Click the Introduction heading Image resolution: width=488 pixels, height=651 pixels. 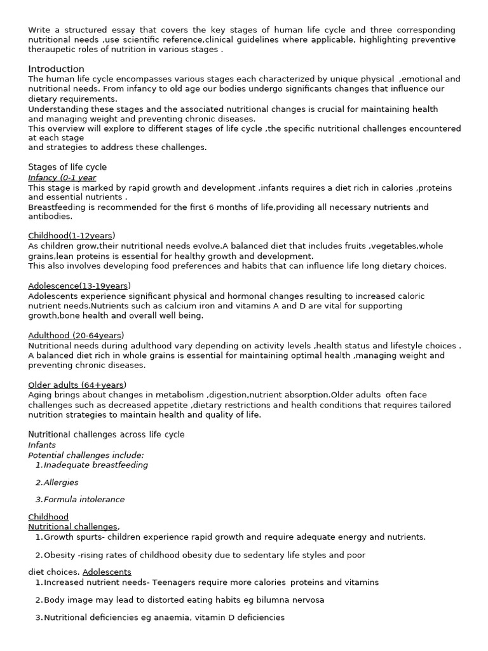[x=56, y=69]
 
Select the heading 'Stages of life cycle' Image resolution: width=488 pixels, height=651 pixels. [x=67, y=167]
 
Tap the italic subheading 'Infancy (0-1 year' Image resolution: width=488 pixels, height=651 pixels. [x=62, y=177]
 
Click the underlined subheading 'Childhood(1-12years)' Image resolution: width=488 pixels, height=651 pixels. [x=72, y=235]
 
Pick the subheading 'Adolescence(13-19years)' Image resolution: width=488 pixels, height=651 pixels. [x=79, y=285]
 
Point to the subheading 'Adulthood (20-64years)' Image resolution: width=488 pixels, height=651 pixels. [x=76, y=335]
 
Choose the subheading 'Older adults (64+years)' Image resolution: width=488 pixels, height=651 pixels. [x=78, y=385]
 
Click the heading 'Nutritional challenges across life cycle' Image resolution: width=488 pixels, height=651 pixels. [x=106, y=434]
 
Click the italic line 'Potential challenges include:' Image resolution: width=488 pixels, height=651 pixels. [x=86, y=455]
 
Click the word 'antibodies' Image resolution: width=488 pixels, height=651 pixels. [x=48, y=217]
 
